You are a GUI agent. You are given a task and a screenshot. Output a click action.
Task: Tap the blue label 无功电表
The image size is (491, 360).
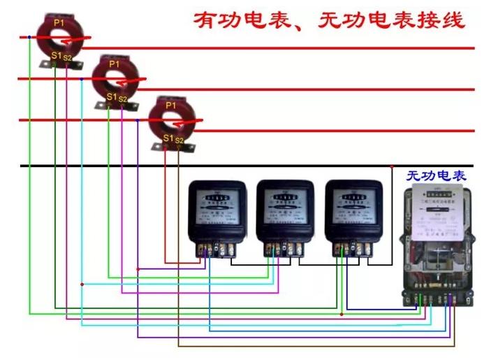[x=436, y=176]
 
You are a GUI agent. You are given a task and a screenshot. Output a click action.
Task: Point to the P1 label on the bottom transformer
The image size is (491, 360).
[x=170, y=106]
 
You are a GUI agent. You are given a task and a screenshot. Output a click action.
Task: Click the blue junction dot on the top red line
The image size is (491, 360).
[x=28, y=36]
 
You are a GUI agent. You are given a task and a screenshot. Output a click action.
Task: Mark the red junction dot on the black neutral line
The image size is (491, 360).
[x=392, y=166]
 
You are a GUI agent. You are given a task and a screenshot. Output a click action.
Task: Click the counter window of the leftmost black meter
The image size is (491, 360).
[x=217, y=198]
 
